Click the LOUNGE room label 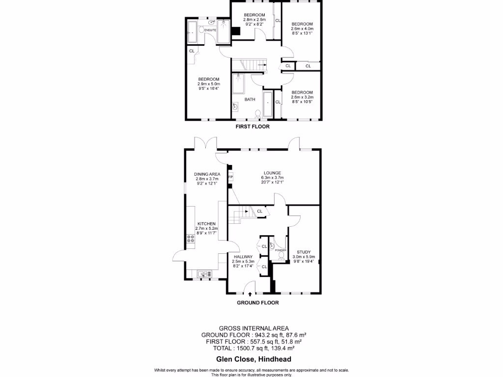click(x=272, y=173)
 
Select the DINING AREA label click(x=207, y=174)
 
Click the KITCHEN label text click(x=207, y=223)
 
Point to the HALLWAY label click(x=243, y=257)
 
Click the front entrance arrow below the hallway click(x=251, y=294)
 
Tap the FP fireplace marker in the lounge click(x=230, y=177)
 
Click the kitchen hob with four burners click(x=190, y=240)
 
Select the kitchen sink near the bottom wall click(x=202, y=273)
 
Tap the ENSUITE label click(x=211, y=30)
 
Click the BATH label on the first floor click(x=250, y=100)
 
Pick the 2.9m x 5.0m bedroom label click(x=209, y=79)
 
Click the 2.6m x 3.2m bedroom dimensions click(x=302, y=97)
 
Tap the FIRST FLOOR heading click(x=252, y=127)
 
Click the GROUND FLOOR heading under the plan click(x=258, y=303)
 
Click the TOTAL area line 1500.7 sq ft click(x=253, y=348)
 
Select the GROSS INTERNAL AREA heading click(x=253, y=328)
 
